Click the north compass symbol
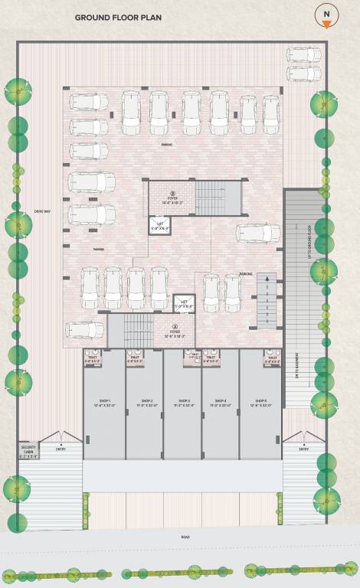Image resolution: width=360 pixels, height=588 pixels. coord(326,15)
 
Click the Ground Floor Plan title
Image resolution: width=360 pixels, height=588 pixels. coord(118,17)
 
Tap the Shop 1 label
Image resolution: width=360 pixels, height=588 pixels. coord(104,403)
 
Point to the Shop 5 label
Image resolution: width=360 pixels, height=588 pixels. coord(260,403)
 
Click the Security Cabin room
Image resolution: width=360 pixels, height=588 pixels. coord(28,450)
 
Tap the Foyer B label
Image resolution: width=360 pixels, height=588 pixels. coord(172,198)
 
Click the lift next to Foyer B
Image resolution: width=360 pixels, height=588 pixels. coord(160,225)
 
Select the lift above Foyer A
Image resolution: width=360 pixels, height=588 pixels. coord(184,304)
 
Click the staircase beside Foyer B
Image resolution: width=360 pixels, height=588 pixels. coord(217,198)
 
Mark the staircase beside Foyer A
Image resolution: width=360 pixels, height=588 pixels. coord(139,331)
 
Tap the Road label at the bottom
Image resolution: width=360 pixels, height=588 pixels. coord(185,537)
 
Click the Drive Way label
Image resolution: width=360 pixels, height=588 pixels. coord(41,212)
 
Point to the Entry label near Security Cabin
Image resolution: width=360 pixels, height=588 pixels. coord(61,449)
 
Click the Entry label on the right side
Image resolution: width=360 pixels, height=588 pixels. coord(303,449)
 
